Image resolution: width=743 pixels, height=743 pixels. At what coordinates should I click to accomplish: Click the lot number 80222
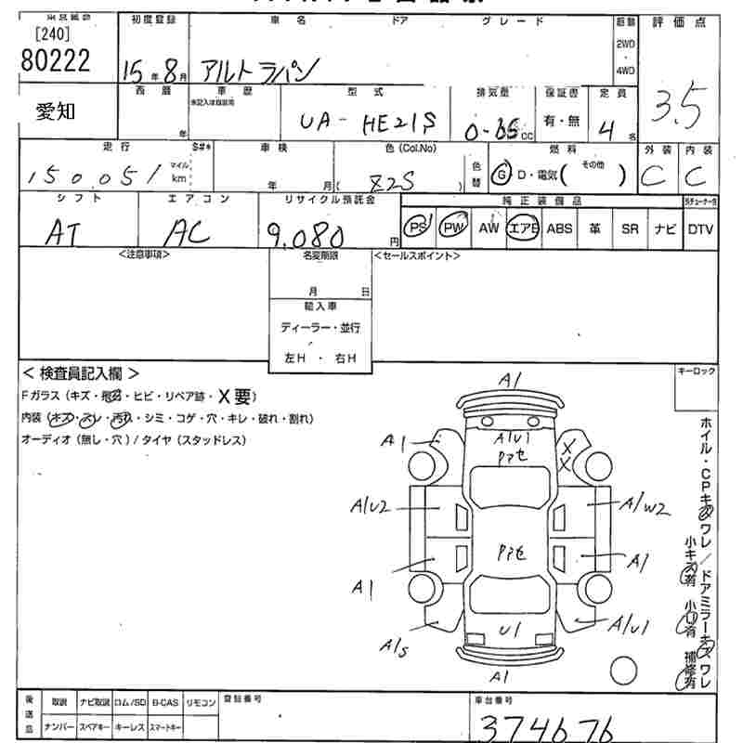tap(55, 62)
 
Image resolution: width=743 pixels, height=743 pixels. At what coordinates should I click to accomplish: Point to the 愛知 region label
tap(57, 111)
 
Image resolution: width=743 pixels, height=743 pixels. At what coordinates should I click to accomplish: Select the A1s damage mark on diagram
tap(394, 646)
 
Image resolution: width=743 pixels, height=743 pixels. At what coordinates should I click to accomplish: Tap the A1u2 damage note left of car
tap(370, 506)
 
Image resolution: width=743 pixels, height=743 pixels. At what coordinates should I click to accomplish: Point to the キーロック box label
tap(697, 371)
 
